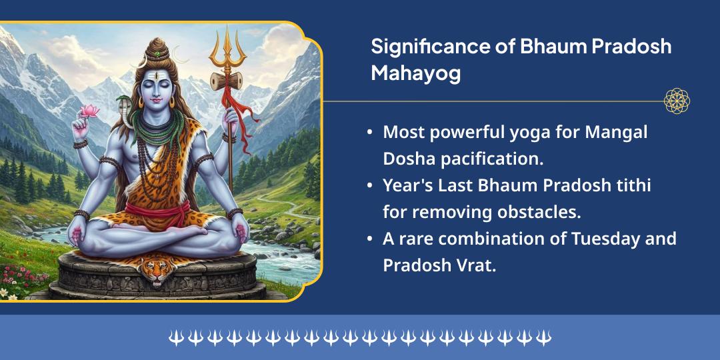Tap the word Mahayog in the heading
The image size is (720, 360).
[x=415, y=73]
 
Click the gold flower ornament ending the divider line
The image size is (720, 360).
[x=677, y=101]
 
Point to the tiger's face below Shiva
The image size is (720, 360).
[x=155, y=270]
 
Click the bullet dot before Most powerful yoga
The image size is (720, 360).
[x=370, y=133]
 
